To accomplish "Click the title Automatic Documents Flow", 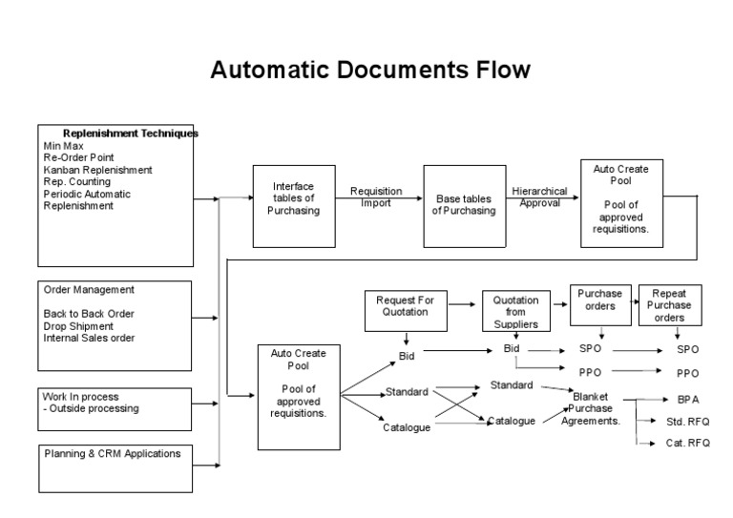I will pyautogui.click(x=369, y=71).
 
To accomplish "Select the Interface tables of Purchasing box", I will pyautogui.click(x=293, y=198).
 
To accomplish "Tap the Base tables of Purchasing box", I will pyautogui.click(x=464, y=205).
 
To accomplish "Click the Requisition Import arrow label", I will pyautogui.click(x=376, y=197).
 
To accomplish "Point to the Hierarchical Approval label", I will pyautogui.click(x=540, y=197).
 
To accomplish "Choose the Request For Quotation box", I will pyautogui.click(x=405, y=305).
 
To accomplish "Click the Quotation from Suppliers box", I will pyautogui.click(x=515, y=312).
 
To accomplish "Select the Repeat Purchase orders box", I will pyautogui.click(x=669, y=305).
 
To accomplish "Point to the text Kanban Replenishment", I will pyautogui.click(x=97, y=170).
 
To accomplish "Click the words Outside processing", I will pyautogui.click(x=94, y=408).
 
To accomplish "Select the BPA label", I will pyautogui.click(x=688, y=400).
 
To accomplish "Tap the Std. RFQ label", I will pyautogui.click(x=688, y=421).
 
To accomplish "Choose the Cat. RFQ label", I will pyautogui.click(x=688, y=443).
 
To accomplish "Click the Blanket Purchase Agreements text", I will pyautogui.click(x=592, y=408).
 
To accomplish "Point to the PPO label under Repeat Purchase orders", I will pyautogui.click(x=688, y=373).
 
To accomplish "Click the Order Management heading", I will pyautogui.click(x=89, y=289).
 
